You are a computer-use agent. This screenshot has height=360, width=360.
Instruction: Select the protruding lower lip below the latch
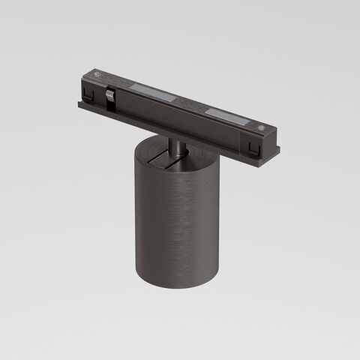pos(112,112)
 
